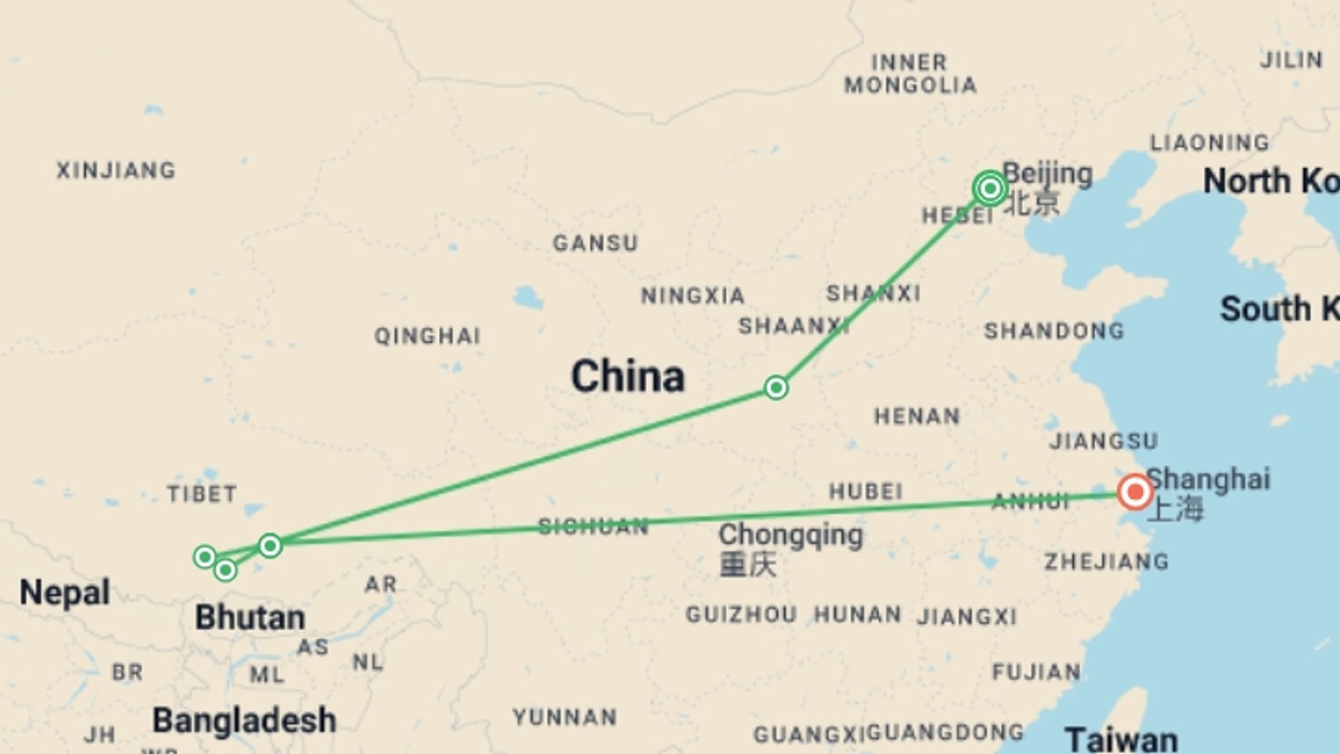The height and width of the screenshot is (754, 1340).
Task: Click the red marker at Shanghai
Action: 1135,492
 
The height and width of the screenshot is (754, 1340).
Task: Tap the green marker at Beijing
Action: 990,188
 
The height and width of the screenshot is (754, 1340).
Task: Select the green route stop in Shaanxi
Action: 776,387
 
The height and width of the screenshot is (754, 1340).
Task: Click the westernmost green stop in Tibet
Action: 204,556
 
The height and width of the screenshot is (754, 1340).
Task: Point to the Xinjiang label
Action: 116,170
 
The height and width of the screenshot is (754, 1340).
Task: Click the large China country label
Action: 627,376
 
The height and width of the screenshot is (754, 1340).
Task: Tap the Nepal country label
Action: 64,593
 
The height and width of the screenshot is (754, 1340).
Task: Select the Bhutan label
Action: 250,618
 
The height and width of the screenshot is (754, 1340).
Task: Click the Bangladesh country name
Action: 244,720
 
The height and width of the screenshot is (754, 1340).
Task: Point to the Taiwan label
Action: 1121,739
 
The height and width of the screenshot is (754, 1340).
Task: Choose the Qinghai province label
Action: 427,337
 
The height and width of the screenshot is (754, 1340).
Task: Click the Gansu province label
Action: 595,243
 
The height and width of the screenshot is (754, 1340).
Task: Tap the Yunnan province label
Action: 565,717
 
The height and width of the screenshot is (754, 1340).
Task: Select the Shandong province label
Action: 1054,331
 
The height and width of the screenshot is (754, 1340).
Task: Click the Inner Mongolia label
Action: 909,74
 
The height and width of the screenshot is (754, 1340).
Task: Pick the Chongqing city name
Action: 790,535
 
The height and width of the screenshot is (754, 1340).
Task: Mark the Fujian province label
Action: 1036,672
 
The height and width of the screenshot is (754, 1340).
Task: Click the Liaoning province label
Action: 1209,143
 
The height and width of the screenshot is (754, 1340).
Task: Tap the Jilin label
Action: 1291,60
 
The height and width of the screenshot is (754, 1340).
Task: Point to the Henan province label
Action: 917,417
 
